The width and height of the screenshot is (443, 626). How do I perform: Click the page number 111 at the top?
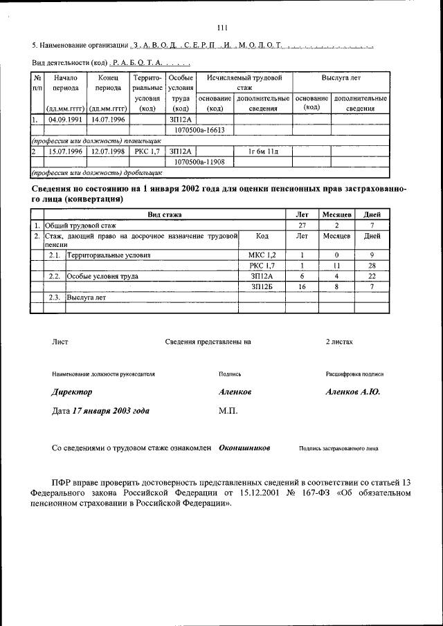pos(221,28)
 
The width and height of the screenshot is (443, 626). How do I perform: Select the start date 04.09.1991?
pos(65,120)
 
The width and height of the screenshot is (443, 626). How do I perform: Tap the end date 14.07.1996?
pos(109,120)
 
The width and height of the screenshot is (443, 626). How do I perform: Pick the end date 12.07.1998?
pos(109,150)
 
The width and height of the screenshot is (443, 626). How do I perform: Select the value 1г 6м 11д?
pos(262,151)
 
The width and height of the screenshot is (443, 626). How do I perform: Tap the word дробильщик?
pos(141,172)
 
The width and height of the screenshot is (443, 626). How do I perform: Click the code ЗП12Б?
pos(262,286)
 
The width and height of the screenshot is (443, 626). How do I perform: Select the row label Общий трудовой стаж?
pos(80,225)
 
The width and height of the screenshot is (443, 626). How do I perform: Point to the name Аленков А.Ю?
pos(352,392)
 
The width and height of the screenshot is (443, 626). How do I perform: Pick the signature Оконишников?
pos(244,448)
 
